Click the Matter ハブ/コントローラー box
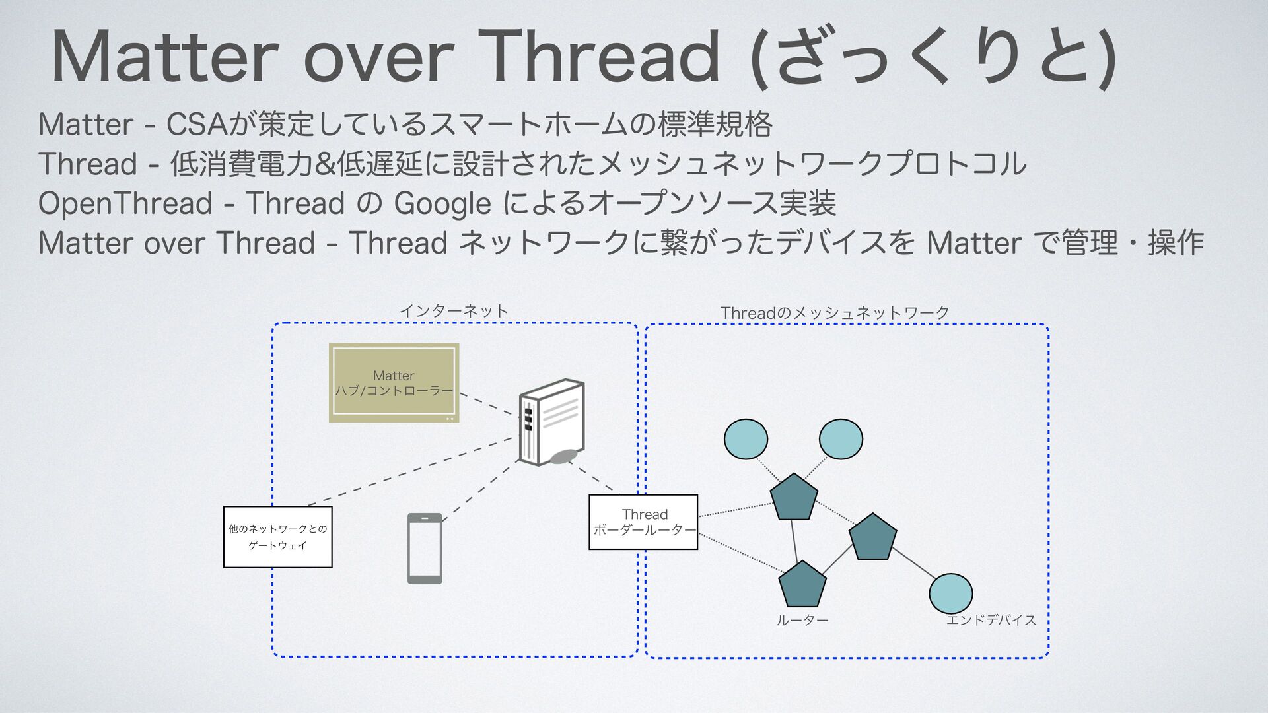pos(394,383)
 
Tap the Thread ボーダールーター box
pos(643,522)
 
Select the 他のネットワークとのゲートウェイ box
pos(277,537)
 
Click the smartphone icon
pos(425,548)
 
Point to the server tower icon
pos(551,423)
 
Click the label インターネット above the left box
pos(454,311)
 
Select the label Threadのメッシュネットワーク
pos(835,312)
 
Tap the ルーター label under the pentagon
pos(802,620)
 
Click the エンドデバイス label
pos(991,620)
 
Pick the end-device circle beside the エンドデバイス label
pos(950,593)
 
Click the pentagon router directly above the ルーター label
pos(802,585)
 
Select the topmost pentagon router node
pos(794,497)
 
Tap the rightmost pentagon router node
pos(872,537)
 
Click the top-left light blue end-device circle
pos(746,439)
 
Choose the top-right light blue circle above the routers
pos(841,439)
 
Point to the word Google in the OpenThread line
pos(442,203)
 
